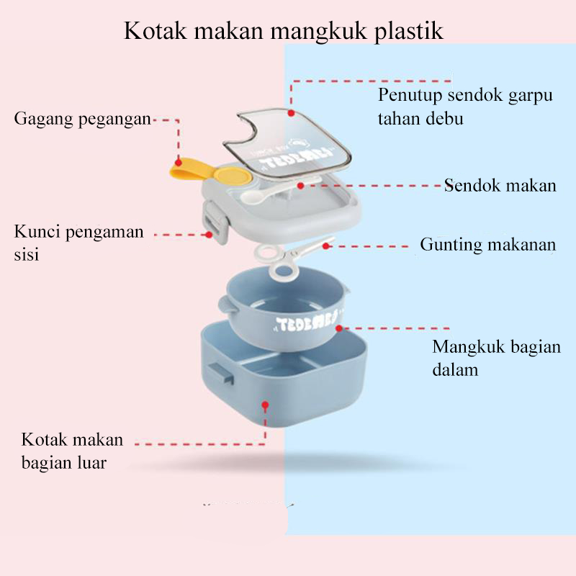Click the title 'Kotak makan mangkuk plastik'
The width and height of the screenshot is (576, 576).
(x=283, y=31)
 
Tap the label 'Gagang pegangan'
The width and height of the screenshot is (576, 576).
(x=82, y=119)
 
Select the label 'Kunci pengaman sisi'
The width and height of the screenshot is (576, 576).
(x=78, y=243)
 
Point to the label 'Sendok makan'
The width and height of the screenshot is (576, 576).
(x=500, y=185)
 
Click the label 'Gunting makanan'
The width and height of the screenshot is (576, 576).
(x=487, y=245)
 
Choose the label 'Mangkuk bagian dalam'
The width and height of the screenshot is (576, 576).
(x=495, y=358)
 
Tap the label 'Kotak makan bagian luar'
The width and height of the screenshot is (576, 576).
(x=71, y=450)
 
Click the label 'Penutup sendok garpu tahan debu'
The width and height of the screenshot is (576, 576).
(x=465, y=107)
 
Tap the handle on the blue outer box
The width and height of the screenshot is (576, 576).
(x=219, y=374)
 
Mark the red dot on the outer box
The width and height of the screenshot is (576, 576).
(x=266, y=405)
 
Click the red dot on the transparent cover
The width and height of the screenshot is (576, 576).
(x=291, y=113)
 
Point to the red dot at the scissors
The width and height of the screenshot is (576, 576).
(x=325, y=246)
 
